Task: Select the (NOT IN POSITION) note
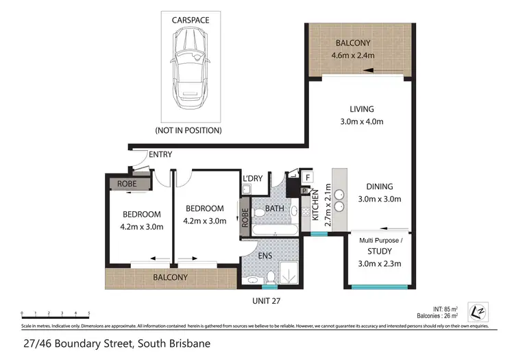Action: pos(188,129)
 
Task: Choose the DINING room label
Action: pos(379,186)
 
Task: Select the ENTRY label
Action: pos(160,155)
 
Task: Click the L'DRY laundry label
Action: pos(252,179)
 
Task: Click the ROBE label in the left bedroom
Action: pos(127,184)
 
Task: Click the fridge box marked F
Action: pos(308,178)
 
